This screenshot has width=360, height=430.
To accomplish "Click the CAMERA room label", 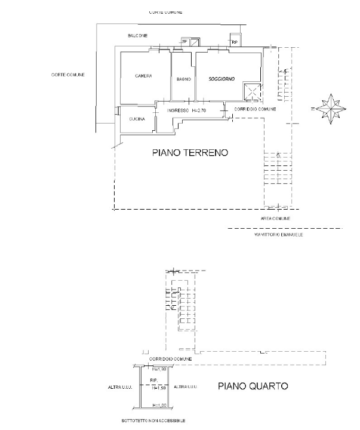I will (x=143, y=76).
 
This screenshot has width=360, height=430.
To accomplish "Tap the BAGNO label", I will (x=183, y=79).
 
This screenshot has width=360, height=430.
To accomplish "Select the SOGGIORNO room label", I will (x=221, y=79).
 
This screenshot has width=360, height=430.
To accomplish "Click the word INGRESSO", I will (x=178, y=111).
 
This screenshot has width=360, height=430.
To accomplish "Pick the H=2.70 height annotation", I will (x=199, y=111).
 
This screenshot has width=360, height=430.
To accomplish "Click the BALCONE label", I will (x=137, y=36).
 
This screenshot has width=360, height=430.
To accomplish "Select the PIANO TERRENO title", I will (x=190, y=153).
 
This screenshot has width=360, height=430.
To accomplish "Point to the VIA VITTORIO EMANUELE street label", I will (x=279, y=235).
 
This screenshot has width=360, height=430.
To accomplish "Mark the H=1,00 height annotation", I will (x=158, y=406).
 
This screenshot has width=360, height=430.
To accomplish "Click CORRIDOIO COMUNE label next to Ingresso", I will (x=255, y=109).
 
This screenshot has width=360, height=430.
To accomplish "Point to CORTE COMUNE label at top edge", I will (x=166, y=12).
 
